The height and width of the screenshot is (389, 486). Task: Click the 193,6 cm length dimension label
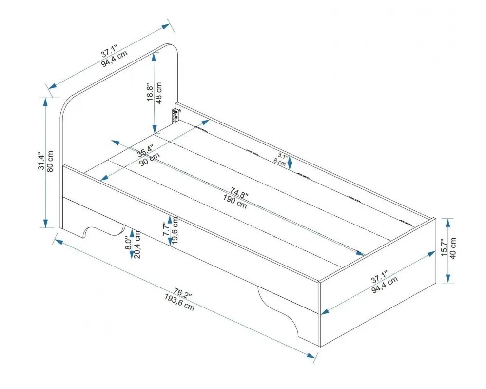(x=180, y=303)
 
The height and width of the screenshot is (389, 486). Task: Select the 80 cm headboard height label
(x=50, y=162)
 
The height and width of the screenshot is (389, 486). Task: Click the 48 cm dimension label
(x=158, y=93)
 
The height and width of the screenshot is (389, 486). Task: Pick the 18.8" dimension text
(x=150, y=92)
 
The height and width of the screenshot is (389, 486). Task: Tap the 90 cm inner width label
(x=149, y=160)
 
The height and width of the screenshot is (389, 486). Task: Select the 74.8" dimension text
(x=239, y=193)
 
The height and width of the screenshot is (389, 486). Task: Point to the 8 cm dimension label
(x=279, y=162)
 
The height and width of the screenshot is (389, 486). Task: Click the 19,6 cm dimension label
(x=175, y=231)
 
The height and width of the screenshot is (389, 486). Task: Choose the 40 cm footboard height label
(x=452, y=248)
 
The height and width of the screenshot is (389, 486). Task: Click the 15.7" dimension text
(x=444, y=247)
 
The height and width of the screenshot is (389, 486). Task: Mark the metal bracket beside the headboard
(x=175, y=116)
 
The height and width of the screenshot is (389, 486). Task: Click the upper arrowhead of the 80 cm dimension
(x=45, y=102)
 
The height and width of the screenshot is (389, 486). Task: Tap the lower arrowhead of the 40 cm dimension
(x=447, y=278)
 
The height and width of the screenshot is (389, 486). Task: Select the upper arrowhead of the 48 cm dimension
(x=154, y=58)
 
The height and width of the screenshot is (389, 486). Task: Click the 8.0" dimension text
(x=129, y=242)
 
